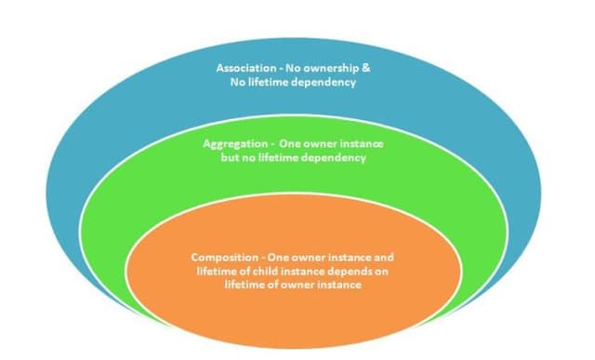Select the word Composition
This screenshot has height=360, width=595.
coord(225,257)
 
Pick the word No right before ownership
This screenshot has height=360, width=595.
coord(297,69)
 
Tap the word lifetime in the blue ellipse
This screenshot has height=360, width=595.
coord(265,83)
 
